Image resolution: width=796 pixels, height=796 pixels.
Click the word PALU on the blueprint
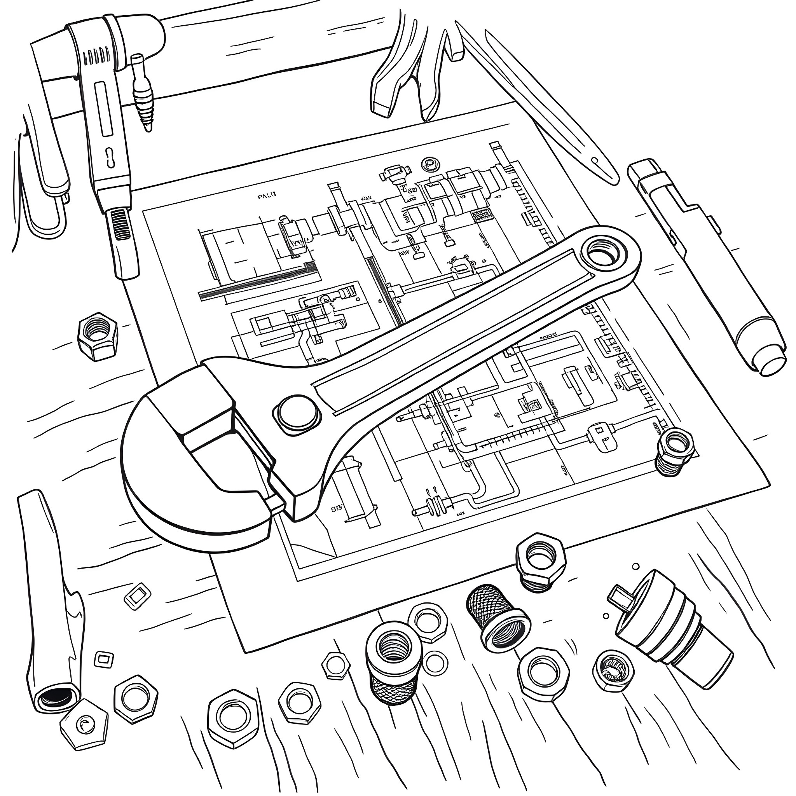tap(267, 197)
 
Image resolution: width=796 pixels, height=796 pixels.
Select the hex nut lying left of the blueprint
tap(98, 336)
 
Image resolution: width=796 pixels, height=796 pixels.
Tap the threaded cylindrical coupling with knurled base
tap(392, 663)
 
